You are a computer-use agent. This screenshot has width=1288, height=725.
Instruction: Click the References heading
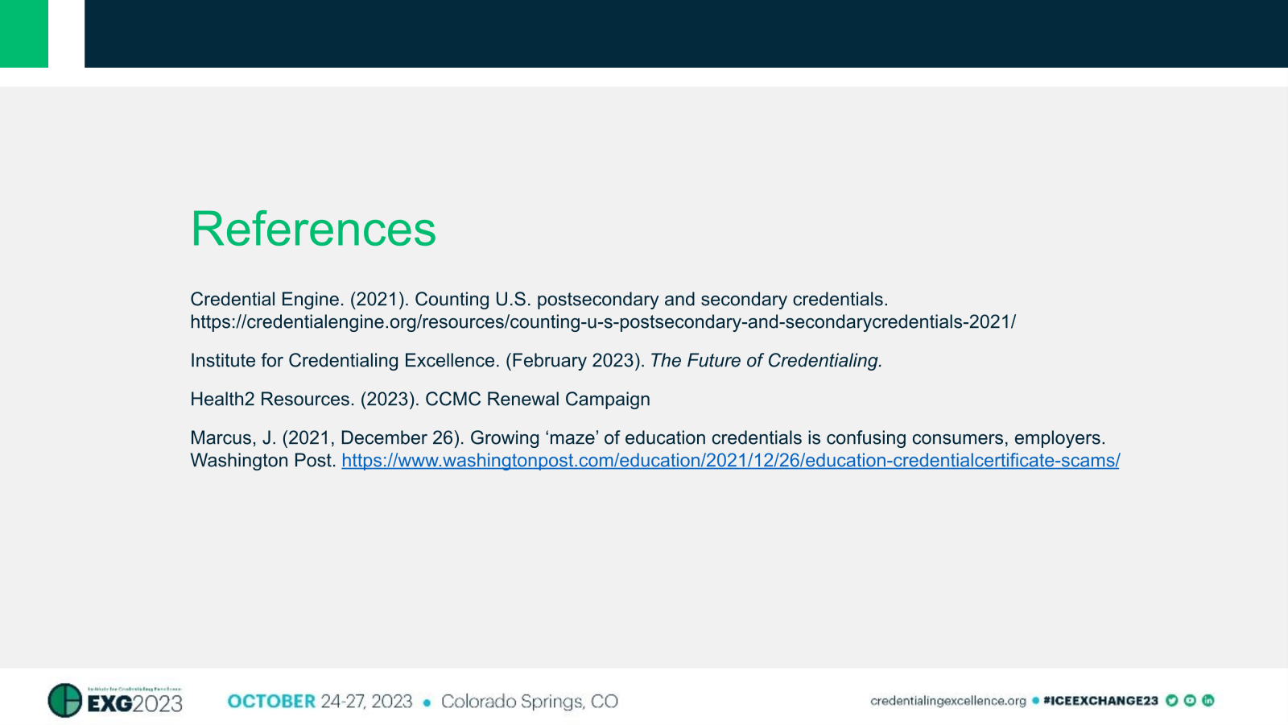tap(313, 230)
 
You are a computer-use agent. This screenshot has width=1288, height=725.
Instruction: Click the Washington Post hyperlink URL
tap(730, 461)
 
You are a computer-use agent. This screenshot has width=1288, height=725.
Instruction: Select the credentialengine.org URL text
tap(602, 322)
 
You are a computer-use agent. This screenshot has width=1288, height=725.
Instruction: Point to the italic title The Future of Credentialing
tap(766, 361)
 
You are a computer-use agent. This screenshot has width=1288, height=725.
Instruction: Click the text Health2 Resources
tap(272, 400)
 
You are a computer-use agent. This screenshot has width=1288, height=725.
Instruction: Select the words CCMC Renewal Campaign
tap(537, 400)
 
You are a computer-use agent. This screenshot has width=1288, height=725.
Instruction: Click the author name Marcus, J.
tap(233, 438)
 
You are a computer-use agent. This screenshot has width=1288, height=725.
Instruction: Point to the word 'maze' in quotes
tap(572, 438)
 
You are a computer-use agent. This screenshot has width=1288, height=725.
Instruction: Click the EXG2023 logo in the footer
tap(116, 701)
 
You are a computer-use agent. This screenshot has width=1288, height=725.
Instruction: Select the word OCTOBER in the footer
tap(271, 702)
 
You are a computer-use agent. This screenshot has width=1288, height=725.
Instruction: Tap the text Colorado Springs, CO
tap(529, 702)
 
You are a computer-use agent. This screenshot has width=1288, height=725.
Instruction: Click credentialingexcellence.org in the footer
tap(947, 701)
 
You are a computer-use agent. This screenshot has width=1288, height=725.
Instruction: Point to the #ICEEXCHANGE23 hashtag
tap(1100, 701)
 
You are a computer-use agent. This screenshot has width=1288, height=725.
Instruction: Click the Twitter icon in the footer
tap(1171, 701)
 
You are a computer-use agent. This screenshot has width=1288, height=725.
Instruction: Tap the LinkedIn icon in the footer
tap(1207, 701)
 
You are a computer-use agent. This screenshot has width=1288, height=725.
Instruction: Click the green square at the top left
tap(23, 33)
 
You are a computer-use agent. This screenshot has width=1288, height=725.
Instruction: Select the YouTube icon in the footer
tap(1190, 701)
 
